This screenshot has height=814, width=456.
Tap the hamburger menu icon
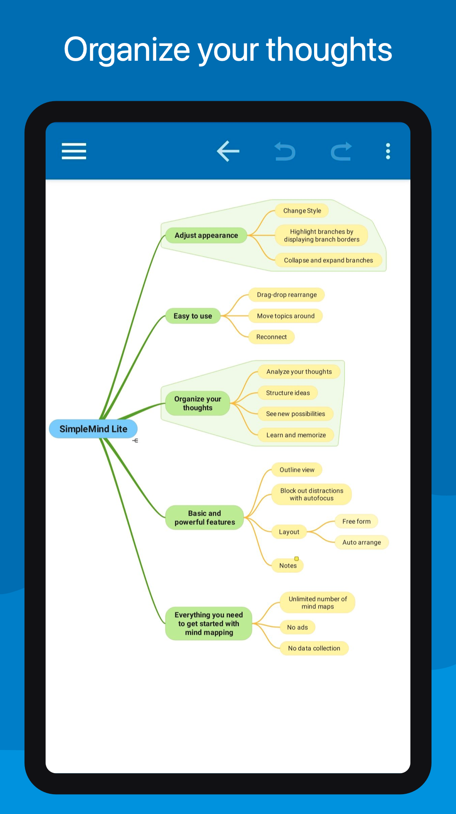[x=74, y=151]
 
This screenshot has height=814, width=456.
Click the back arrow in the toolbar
[x=228, y=151]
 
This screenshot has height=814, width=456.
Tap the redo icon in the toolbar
[x=341, y=151]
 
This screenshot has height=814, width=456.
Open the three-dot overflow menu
[x=388, y=151]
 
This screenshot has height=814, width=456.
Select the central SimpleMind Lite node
[x=93, y=429]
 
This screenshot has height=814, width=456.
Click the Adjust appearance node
[x=206, y=235]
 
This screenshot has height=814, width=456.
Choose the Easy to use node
[x=193, y=316]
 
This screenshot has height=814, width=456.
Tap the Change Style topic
[x=302, y=210]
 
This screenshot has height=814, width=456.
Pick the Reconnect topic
[x=271, y=337]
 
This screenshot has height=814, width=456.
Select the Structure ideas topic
[x=288, y=393]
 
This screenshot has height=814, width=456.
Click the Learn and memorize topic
[x=296, y=435]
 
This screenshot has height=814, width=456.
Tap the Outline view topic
[x=297, y=470]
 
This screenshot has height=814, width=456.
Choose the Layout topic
[x=289, y=532]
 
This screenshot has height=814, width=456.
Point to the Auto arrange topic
[x=361, y=542]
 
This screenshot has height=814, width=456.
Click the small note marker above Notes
[x=296, y=558]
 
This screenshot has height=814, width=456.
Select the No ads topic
[x=297, y=627]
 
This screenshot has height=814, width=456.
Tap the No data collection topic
[x=314, y=648]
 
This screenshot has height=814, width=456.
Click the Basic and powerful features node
[x=204, y=518]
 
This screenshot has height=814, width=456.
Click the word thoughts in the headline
[x=329, y=50]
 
